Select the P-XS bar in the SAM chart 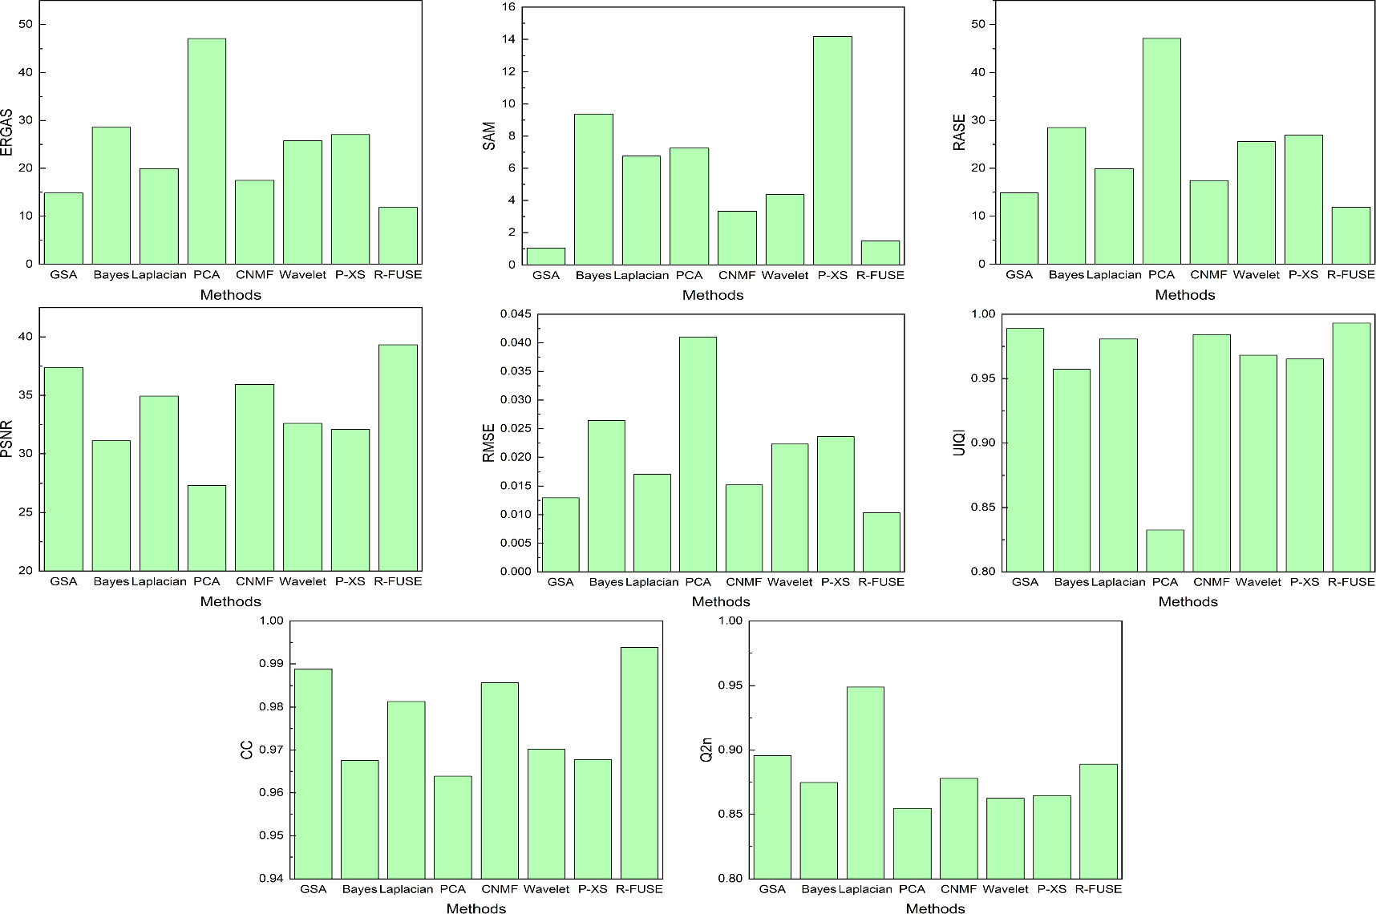[832, 150]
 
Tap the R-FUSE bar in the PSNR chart [398, 457]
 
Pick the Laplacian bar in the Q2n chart [865, 782]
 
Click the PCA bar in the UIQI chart [1165, 550]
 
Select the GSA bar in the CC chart [314, 773]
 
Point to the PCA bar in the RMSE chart [698, 454]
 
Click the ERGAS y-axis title [7, 132]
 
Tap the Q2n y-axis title [706, 749]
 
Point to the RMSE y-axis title [488, 443]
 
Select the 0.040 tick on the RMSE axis [514, 343]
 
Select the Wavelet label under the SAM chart [785, 275]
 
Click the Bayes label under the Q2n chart [818, 889]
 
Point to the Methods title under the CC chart [476, 908]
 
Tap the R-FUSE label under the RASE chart [1350, 275]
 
